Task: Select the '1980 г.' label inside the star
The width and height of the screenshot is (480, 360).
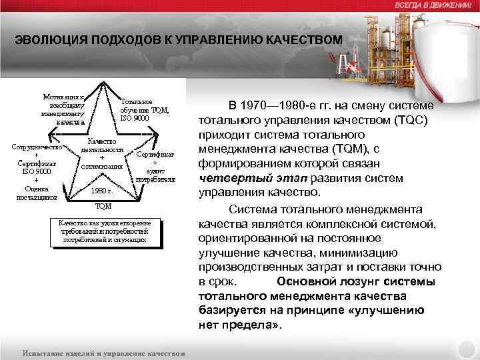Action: pos(101,191)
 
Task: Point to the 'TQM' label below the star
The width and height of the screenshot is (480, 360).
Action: pos(103,206)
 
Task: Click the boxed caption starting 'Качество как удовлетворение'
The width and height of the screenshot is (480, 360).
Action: pos(105,231)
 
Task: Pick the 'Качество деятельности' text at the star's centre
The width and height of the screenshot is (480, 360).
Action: pos(102,145)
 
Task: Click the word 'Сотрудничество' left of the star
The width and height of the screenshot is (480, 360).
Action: pos(37,146)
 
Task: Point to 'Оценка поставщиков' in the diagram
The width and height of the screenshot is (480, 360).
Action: pos(37,193)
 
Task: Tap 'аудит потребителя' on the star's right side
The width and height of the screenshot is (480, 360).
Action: pos(155,175)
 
